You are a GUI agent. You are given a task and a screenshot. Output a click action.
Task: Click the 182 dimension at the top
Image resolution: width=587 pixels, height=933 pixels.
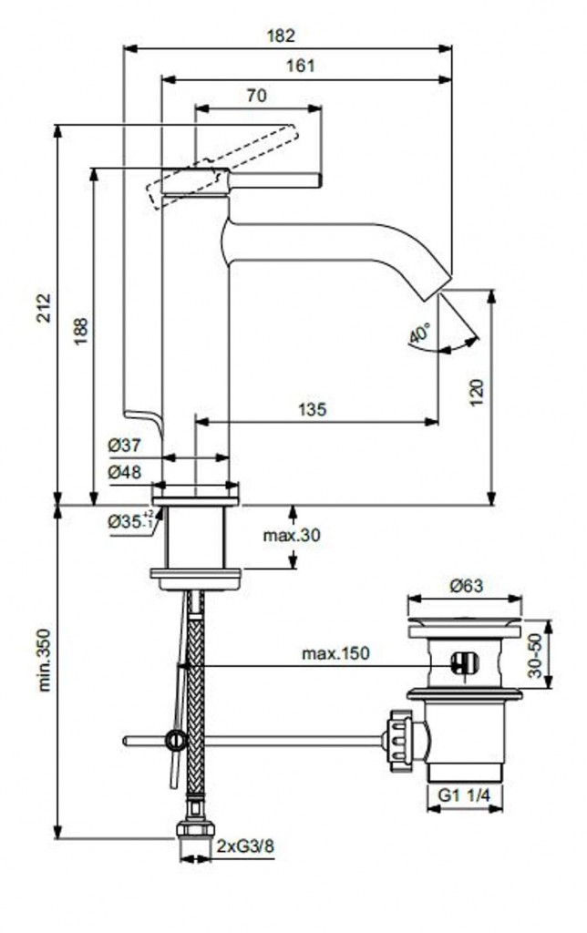pos(283,36)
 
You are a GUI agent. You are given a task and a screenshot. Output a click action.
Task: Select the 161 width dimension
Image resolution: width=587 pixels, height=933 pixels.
pos(302,66)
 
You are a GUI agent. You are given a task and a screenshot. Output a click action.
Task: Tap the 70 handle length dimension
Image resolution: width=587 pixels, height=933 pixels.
pos(256,94)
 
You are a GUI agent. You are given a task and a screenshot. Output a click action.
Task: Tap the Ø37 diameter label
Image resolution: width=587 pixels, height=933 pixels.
pos(124,446)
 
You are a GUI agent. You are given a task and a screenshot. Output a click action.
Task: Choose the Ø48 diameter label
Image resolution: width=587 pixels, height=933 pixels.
pos(124,472)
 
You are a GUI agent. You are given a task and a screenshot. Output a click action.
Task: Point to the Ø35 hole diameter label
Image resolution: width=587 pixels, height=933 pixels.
pos(128,522)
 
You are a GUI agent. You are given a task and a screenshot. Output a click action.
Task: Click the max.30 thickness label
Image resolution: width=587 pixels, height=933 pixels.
pos(293,535)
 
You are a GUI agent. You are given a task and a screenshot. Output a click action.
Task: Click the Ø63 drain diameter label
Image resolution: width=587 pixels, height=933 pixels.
pos(466,588)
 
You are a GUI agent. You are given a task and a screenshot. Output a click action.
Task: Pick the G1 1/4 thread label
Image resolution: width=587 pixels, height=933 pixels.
pos(464,795)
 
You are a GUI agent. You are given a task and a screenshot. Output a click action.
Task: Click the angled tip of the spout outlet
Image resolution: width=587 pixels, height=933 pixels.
pos(442,284)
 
